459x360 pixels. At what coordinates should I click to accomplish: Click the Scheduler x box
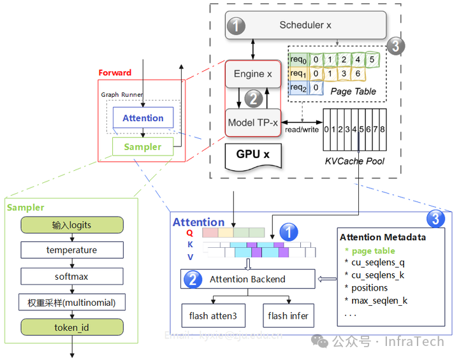pyautogui.click(x=306, y=25)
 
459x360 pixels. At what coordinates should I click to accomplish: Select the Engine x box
pyautogui.click(x=252, y=74)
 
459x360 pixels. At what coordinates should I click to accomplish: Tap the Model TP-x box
pyautogui.click(x=252, y=122)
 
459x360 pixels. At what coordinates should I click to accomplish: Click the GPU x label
pyautogui.click(x=253, y=154)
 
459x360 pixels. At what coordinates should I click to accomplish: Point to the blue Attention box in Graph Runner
pyautogui.click(x=143, y=118)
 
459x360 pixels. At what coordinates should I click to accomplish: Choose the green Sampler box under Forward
pyautogui.click(x=143, y=147)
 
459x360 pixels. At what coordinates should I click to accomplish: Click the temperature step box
pyautogui.click(x=71, y=250)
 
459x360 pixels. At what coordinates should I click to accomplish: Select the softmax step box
pyautogui.click(x=71, y=277)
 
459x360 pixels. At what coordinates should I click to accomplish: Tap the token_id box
pyautogui.click(x=71, y=328)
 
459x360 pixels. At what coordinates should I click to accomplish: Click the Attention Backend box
pyautogui.click(x=247, y=279)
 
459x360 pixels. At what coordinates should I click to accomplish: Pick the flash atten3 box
pyautogui.click(x=212, y=315)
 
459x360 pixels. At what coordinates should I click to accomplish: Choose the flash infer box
pyautogui.click(x=288, y=315)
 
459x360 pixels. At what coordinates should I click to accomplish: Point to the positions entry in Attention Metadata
pyautogui.click(x=370, y=287)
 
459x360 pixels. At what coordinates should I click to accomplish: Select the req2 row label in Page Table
pyautogui.click(x=298, y=88)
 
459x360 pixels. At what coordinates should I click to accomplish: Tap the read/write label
pyautogui.click(x=302, y=129)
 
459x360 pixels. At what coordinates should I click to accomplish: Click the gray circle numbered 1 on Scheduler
pyautogui.click(x=237, y=26)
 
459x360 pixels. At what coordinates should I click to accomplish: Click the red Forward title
pyautogui.click(x=115, y=73)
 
